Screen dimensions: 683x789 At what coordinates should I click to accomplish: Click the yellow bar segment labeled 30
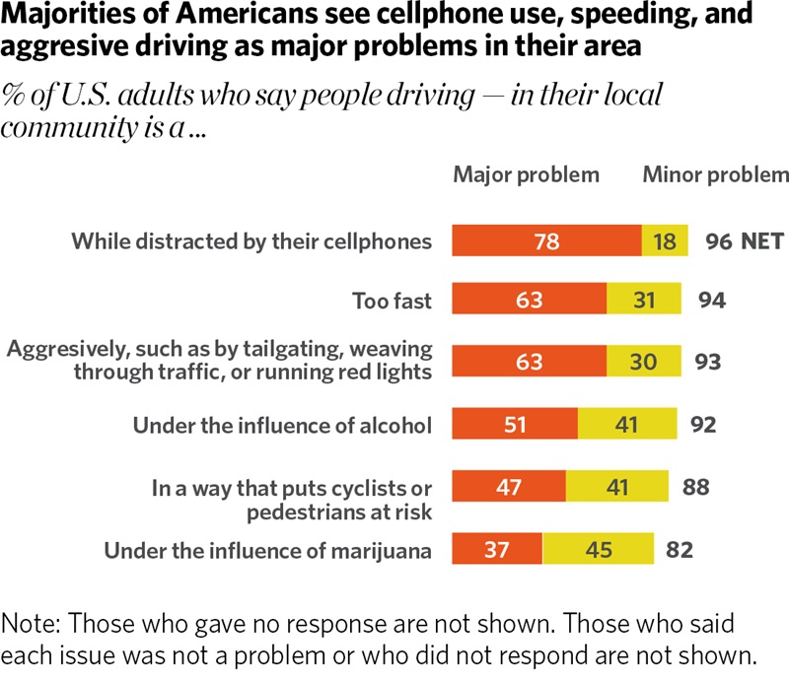coord(642,362)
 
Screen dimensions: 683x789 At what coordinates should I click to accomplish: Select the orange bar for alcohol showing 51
coord(515,426)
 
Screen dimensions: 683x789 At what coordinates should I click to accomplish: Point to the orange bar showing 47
coord(509,487)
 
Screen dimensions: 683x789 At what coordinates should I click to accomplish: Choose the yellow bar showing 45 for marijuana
coord(599,550)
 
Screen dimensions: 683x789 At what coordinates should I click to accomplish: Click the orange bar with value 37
coord(497,550)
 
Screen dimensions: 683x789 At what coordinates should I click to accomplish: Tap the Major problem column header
coord(526,175)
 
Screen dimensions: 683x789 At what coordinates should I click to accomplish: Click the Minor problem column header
coord(715,175)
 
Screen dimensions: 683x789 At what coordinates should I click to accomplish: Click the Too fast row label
coord(392,301)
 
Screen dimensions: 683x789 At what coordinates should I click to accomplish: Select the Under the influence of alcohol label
coord(282,426)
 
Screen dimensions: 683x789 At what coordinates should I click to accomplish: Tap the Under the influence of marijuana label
coord(268,550)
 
